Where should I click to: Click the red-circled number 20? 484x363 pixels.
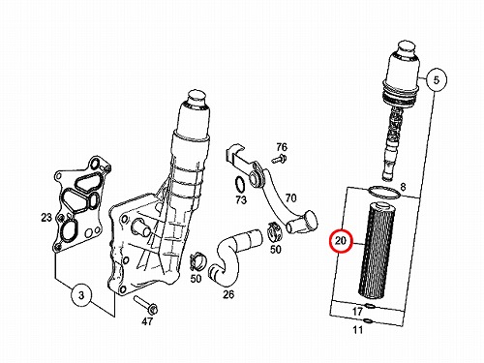341,241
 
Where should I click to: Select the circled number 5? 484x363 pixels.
437,79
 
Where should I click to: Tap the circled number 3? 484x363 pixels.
81,295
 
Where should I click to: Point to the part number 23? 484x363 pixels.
46,218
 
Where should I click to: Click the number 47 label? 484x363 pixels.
147,321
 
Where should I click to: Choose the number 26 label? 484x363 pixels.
228,294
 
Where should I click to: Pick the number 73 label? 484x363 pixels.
241,200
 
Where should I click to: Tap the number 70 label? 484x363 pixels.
290,197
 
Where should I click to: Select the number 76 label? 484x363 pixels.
282,147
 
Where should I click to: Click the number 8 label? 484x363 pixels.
403,187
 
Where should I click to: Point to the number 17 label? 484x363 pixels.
357,312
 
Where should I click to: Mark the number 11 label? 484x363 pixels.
358,330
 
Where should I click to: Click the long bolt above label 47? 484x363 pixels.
145,304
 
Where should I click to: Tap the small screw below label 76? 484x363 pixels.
280,158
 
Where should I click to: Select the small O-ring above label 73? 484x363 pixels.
239,185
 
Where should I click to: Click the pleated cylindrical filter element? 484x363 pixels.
377,249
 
